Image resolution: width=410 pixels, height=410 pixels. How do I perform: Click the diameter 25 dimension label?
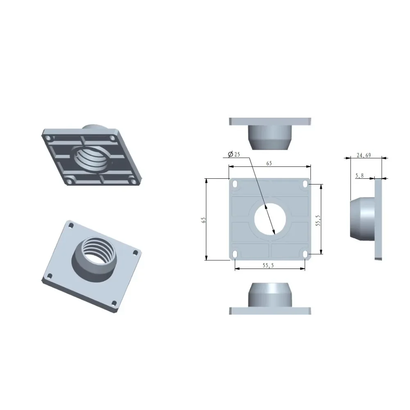pyautogui.click(x=234, y=154)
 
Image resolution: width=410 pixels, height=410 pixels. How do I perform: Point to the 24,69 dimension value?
pyautogui.click(x=364, y=155)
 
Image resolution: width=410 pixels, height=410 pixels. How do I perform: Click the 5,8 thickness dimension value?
pyautogui.click(x=360, y=176)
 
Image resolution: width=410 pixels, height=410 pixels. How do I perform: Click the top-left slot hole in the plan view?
pyautogui.click(x=235, y=184)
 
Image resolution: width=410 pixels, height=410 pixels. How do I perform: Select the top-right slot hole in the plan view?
pyautogui.click(x=305, y=184)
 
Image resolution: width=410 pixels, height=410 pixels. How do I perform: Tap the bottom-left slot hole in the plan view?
pyautogui.click(x=235, y=254)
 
